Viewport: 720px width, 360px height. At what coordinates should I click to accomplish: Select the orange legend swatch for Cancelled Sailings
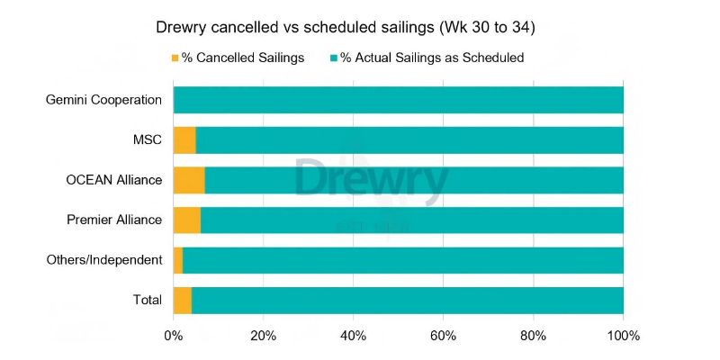175,58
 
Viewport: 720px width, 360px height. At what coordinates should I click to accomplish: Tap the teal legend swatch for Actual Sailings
334,58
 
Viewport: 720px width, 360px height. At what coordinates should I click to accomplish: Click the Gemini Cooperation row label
103,100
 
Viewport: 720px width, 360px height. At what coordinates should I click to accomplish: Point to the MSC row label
147,139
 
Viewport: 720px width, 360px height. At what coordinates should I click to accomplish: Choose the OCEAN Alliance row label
114,180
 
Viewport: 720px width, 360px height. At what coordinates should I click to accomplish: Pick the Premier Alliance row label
114,220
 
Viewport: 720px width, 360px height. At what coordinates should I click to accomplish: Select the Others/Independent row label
104,260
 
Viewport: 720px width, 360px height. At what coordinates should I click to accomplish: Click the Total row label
147,300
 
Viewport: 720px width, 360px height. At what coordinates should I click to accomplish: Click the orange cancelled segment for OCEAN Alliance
189,180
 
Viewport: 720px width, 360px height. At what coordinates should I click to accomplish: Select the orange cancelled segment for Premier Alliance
187,220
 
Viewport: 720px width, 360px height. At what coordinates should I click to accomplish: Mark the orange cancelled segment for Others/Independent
178,260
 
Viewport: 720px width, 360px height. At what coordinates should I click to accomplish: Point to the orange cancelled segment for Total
183,300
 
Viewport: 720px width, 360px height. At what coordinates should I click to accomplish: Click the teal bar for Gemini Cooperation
399,100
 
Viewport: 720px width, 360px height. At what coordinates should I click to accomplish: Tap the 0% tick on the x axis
173,337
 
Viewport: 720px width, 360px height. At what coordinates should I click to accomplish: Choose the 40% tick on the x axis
353,337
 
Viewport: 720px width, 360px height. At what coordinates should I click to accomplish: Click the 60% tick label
443,337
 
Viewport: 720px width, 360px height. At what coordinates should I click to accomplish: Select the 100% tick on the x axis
623,337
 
